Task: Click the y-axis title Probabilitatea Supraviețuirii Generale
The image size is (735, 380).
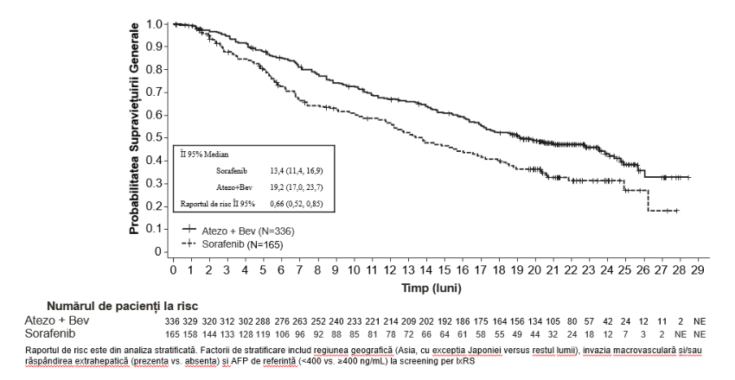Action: coord(135,129)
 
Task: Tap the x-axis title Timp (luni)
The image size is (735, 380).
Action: coord(431,288)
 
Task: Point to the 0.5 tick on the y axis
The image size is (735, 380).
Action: coord(167,137)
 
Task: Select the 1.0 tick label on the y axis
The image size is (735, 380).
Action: coord(154,24)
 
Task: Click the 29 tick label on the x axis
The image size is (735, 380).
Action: coord(698,270)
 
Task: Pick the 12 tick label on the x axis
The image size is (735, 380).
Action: coord(389,270)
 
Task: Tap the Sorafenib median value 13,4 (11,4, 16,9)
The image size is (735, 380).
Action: coord(296,171)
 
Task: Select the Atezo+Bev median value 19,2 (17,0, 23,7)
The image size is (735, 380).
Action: coord(296,187)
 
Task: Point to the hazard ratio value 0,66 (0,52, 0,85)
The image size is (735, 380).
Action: coord(296,204)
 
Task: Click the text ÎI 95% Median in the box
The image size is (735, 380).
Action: coord(204,155)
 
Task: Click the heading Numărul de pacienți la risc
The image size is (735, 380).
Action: coord(122,306)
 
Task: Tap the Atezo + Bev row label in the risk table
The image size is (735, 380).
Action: coord(57,320)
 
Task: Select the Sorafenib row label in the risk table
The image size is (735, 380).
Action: coord(49,333)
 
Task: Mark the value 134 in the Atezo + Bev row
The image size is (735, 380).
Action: coord(535,321)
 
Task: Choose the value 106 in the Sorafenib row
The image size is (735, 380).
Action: coord(282,334)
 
